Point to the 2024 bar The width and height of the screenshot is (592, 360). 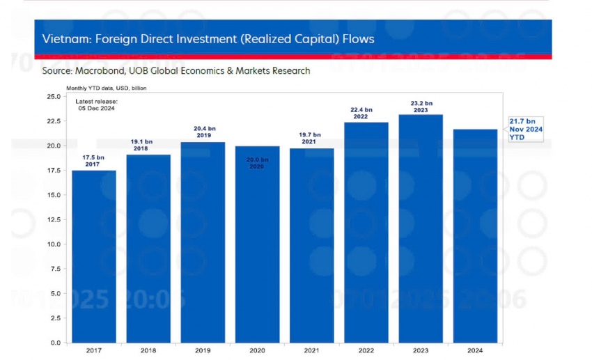coord(475,236)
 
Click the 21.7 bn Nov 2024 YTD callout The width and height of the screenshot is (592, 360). coord(525,129)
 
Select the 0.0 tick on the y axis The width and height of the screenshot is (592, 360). coord(54,343)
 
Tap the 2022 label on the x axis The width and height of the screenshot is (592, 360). coord(366,351)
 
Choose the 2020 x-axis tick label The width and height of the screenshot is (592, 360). coord(257,351)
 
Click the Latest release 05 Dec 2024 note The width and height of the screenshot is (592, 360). coord(96,105)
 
